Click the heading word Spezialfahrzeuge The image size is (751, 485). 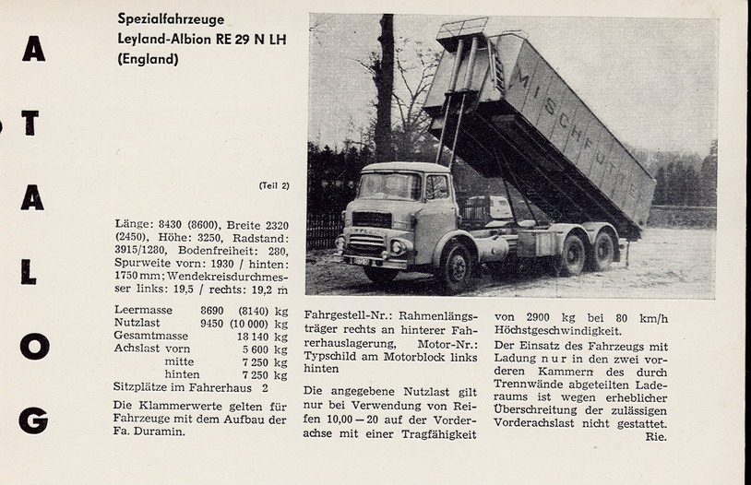coord(171,18)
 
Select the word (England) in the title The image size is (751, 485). coord(148,59)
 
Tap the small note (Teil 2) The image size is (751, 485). coord(274,185)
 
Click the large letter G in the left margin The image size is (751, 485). coord(33,420)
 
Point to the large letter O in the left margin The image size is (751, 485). coord(33,346)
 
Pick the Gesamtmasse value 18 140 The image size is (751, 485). coord(254,337)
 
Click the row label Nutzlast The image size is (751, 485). coord(137,324)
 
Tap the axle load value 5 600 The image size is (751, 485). coord(257,349)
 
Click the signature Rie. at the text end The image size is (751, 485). coord(656,436)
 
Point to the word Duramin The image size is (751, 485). coord(160,432)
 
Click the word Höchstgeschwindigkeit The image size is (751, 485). coord(558,331)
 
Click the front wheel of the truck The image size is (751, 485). coord(455,267)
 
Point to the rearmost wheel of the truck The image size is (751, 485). coord(603,252)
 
